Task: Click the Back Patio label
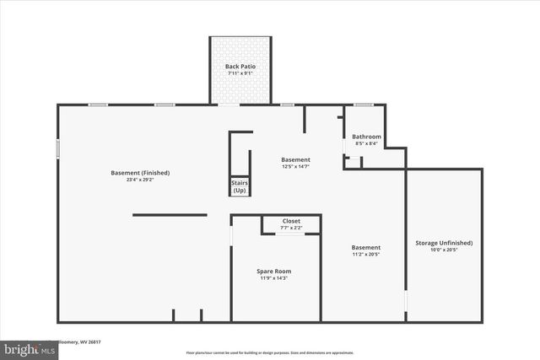240,66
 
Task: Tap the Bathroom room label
366,137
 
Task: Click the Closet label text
290,221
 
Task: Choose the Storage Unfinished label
443,243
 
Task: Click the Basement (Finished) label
140,173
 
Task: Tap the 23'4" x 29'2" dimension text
140,180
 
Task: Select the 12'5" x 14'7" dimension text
295,166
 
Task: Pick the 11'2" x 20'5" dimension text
366,254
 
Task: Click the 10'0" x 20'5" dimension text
443,250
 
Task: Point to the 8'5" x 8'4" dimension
366,143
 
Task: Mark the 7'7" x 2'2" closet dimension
290,228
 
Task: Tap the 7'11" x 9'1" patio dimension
240,73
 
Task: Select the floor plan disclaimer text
269,352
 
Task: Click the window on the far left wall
57,148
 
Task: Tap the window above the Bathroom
364,105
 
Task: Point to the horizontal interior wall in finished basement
170,214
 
